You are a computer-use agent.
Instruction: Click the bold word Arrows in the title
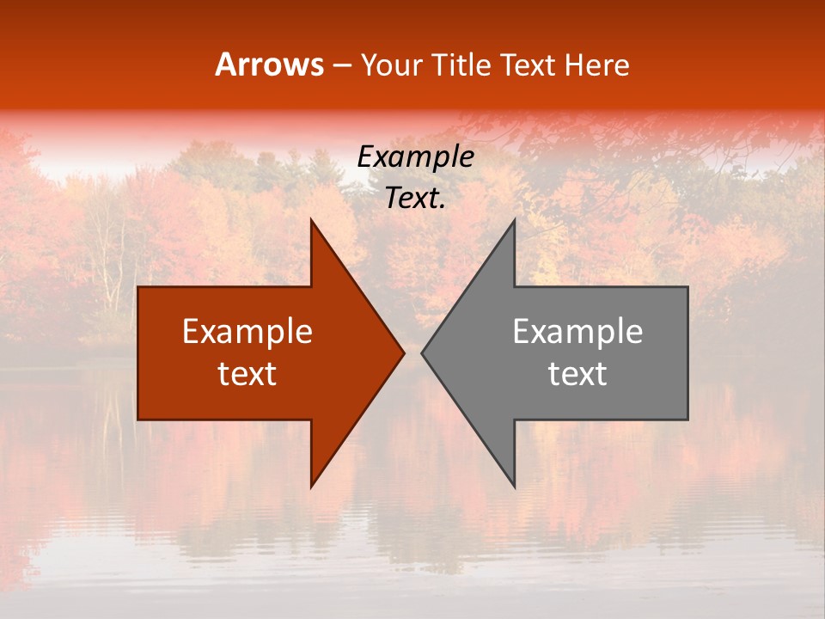click(270, 65)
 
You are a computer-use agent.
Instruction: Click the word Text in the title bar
click(529, 65)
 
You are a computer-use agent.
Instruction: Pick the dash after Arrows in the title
click(341, 66)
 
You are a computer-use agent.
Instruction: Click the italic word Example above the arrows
click(416, 157)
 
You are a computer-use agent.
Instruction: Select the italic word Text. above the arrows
click(416, 199)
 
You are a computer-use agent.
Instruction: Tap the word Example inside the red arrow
click(247, 332)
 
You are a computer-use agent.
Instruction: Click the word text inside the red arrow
click(247, 374)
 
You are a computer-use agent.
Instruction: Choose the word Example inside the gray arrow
click(577, 332)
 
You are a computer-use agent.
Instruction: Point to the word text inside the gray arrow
click(577, 374)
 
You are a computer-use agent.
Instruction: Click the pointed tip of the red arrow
click(403, 352)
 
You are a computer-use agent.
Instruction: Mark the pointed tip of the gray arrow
click(423, 352)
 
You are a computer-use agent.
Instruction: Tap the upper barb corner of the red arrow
click(312, 220)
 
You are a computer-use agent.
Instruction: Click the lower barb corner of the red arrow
click(312, 486)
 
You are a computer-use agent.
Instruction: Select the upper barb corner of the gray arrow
click(514, 220)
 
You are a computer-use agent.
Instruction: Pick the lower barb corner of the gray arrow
click(514, 486)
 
